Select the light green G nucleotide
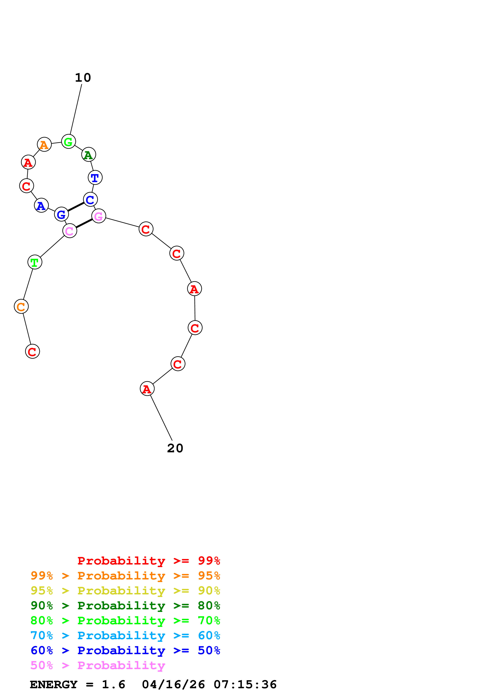[x=69, y=141]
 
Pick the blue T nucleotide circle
[x=95, y=178]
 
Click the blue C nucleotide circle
[x=90, y=200]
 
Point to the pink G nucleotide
[x=99, y=216]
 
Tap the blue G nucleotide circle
[x=62, y=214]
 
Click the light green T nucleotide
[x=35, y=262]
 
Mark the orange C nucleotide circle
[x=21, y=307]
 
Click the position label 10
[x=83, y=78]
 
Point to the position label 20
[x=175, y=448]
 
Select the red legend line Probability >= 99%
[x=148, y=561]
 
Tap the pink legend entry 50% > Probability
[x=98, y=666]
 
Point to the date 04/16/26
[x=173, y=685]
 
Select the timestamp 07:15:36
[x=245, y=685]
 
